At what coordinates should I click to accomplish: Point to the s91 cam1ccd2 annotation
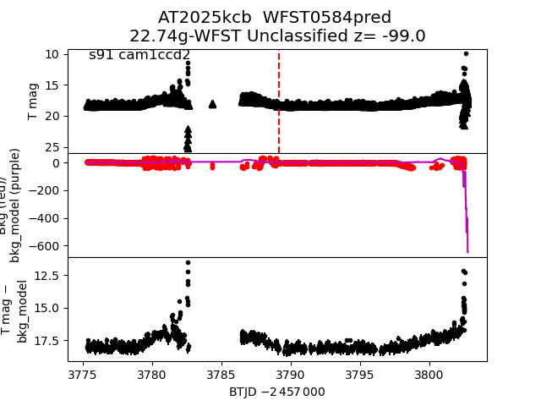pos(139,55)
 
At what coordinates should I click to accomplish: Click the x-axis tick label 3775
pos(83,373)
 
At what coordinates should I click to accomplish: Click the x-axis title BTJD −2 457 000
pos(277,392)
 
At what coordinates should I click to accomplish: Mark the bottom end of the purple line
pos(467,251)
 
